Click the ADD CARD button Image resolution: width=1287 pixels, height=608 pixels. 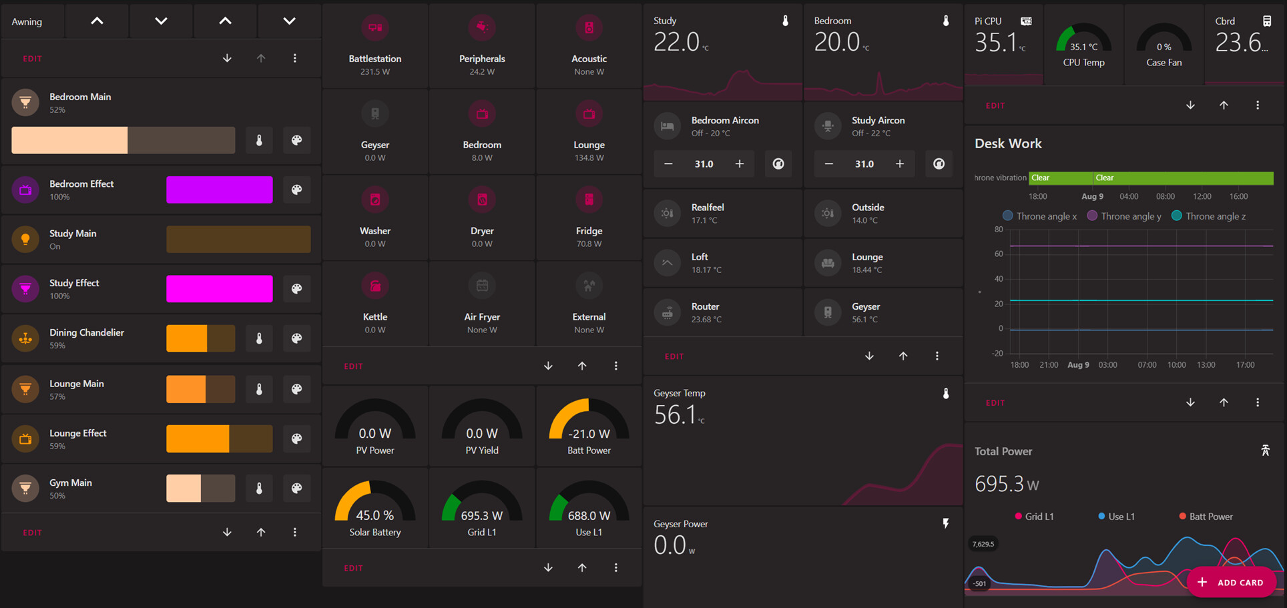(1231, 582)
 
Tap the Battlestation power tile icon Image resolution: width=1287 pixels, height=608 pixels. (375, 28)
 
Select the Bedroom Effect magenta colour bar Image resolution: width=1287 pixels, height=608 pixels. (219, 190)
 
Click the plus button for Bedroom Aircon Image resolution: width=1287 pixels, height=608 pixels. (739, 164)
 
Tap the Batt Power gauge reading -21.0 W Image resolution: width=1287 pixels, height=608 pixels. (589, 424)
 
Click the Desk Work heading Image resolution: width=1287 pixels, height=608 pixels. (1008, 143)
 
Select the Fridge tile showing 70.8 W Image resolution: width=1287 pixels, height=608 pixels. (589, 218)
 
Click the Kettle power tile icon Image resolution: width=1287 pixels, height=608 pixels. (375, 286)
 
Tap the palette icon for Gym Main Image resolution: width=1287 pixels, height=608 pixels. (296, 489)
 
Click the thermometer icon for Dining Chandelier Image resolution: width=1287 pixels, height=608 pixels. (259, 338)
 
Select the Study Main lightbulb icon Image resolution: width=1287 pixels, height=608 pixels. (25, 239)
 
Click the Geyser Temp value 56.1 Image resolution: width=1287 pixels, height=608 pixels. (676, 415)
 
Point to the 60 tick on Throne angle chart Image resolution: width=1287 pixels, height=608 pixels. (999, 254)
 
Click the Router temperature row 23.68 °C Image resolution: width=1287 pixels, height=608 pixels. (722, 312)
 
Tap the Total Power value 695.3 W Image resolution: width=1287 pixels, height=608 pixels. (1006, 484)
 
